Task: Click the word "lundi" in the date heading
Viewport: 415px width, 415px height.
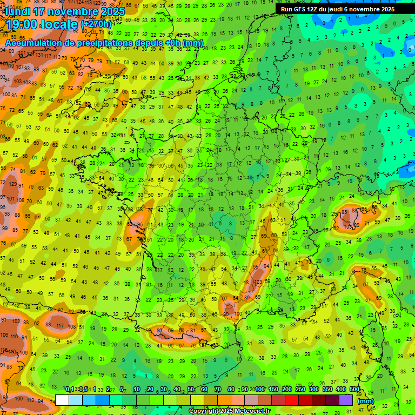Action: pyautogui.click(x=18, y=10)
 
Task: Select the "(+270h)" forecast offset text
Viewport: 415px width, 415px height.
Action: pyautogui.click(x=96, y=24)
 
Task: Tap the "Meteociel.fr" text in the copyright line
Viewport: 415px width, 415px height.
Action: pyautogui.click(x=252, y=411)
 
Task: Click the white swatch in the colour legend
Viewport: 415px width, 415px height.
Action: pyautogui.click(x=62, y=400)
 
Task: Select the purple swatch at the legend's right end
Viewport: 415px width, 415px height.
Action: pyautogui.click(x=346, y=400)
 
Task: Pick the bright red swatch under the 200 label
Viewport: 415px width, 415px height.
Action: pyautogui.click(x=292, y=400)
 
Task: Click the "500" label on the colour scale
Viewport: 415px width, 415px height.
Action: pyautogui.click(x=354, y=389)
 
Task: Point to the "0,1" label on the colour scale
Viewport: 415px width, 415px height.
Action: pyautogui.click(x=70, y=389)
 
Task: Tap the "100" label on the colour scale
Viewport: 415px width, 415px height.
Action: pyautogui.click(x=259, y=389)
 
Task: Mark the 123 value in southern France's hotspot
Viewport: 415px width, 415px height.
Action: pyautogui.click(x=258, y=282)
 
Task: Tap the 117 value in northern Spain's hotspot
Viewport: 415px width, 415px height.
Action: pyautogui.click(x=59, y=325)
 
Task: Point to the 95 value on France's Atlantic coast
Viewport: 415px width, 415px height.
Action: pyautogui.click(x=140, y=224)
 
